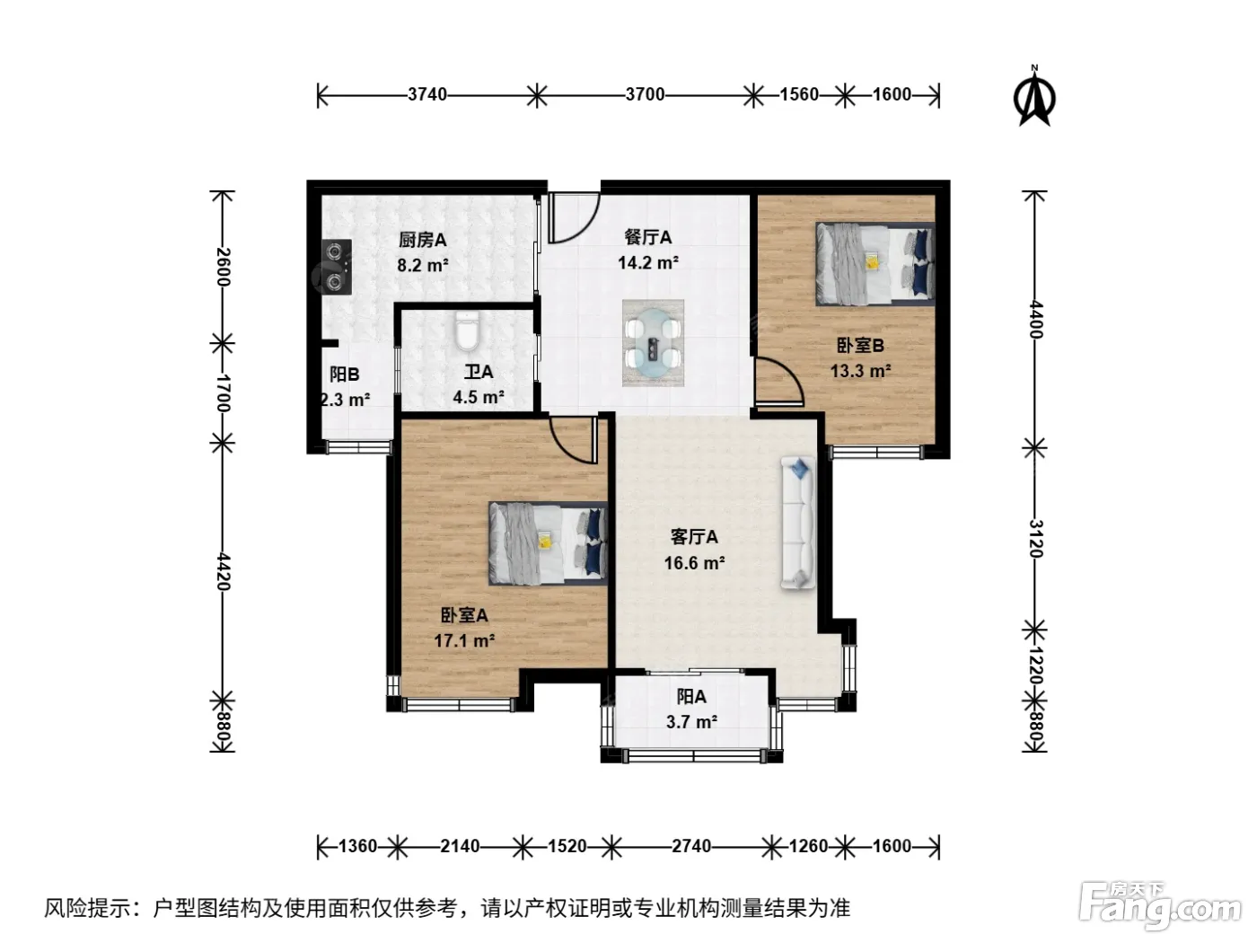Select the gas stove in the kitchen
tap(336, 267)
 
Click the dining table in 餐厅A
tap(653, 343)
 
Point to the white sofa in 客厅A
tap(798, 523)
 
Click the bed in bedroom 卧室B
tap(875, 263)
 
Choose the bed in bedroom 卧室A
tap(548, 544)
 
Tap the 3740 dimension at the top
tap(427, 94)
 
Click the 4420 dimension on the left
tap(223, 571)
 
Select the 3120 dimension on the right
tap(1036, 538)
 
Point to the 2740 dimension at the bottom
tap(691, 846)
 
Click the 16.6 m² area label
tap(695, 563)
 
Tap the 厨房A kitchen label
tap(423, 240)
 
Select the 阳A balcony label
tap(691, 697)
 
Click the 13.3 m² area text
tap(861, 371)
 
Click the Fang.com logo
tap(1160, 906)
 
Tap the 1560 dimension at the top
tap(799, 94)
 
